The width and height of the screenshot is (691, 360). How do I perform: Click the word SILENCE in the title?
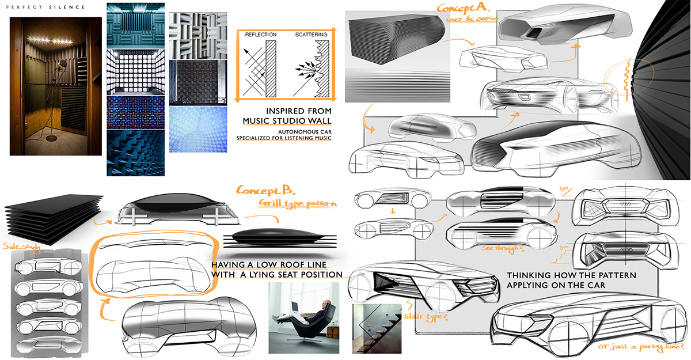(x=68, y=7)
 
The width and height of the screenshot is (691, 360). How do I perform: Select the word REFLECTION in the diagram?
(x=261, y=35)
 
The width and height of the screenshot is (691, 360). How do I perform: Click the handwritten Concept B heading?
(x=265, y=190)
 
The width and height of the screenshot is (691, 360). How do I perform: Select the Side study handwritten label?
(x=18, y=246)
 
